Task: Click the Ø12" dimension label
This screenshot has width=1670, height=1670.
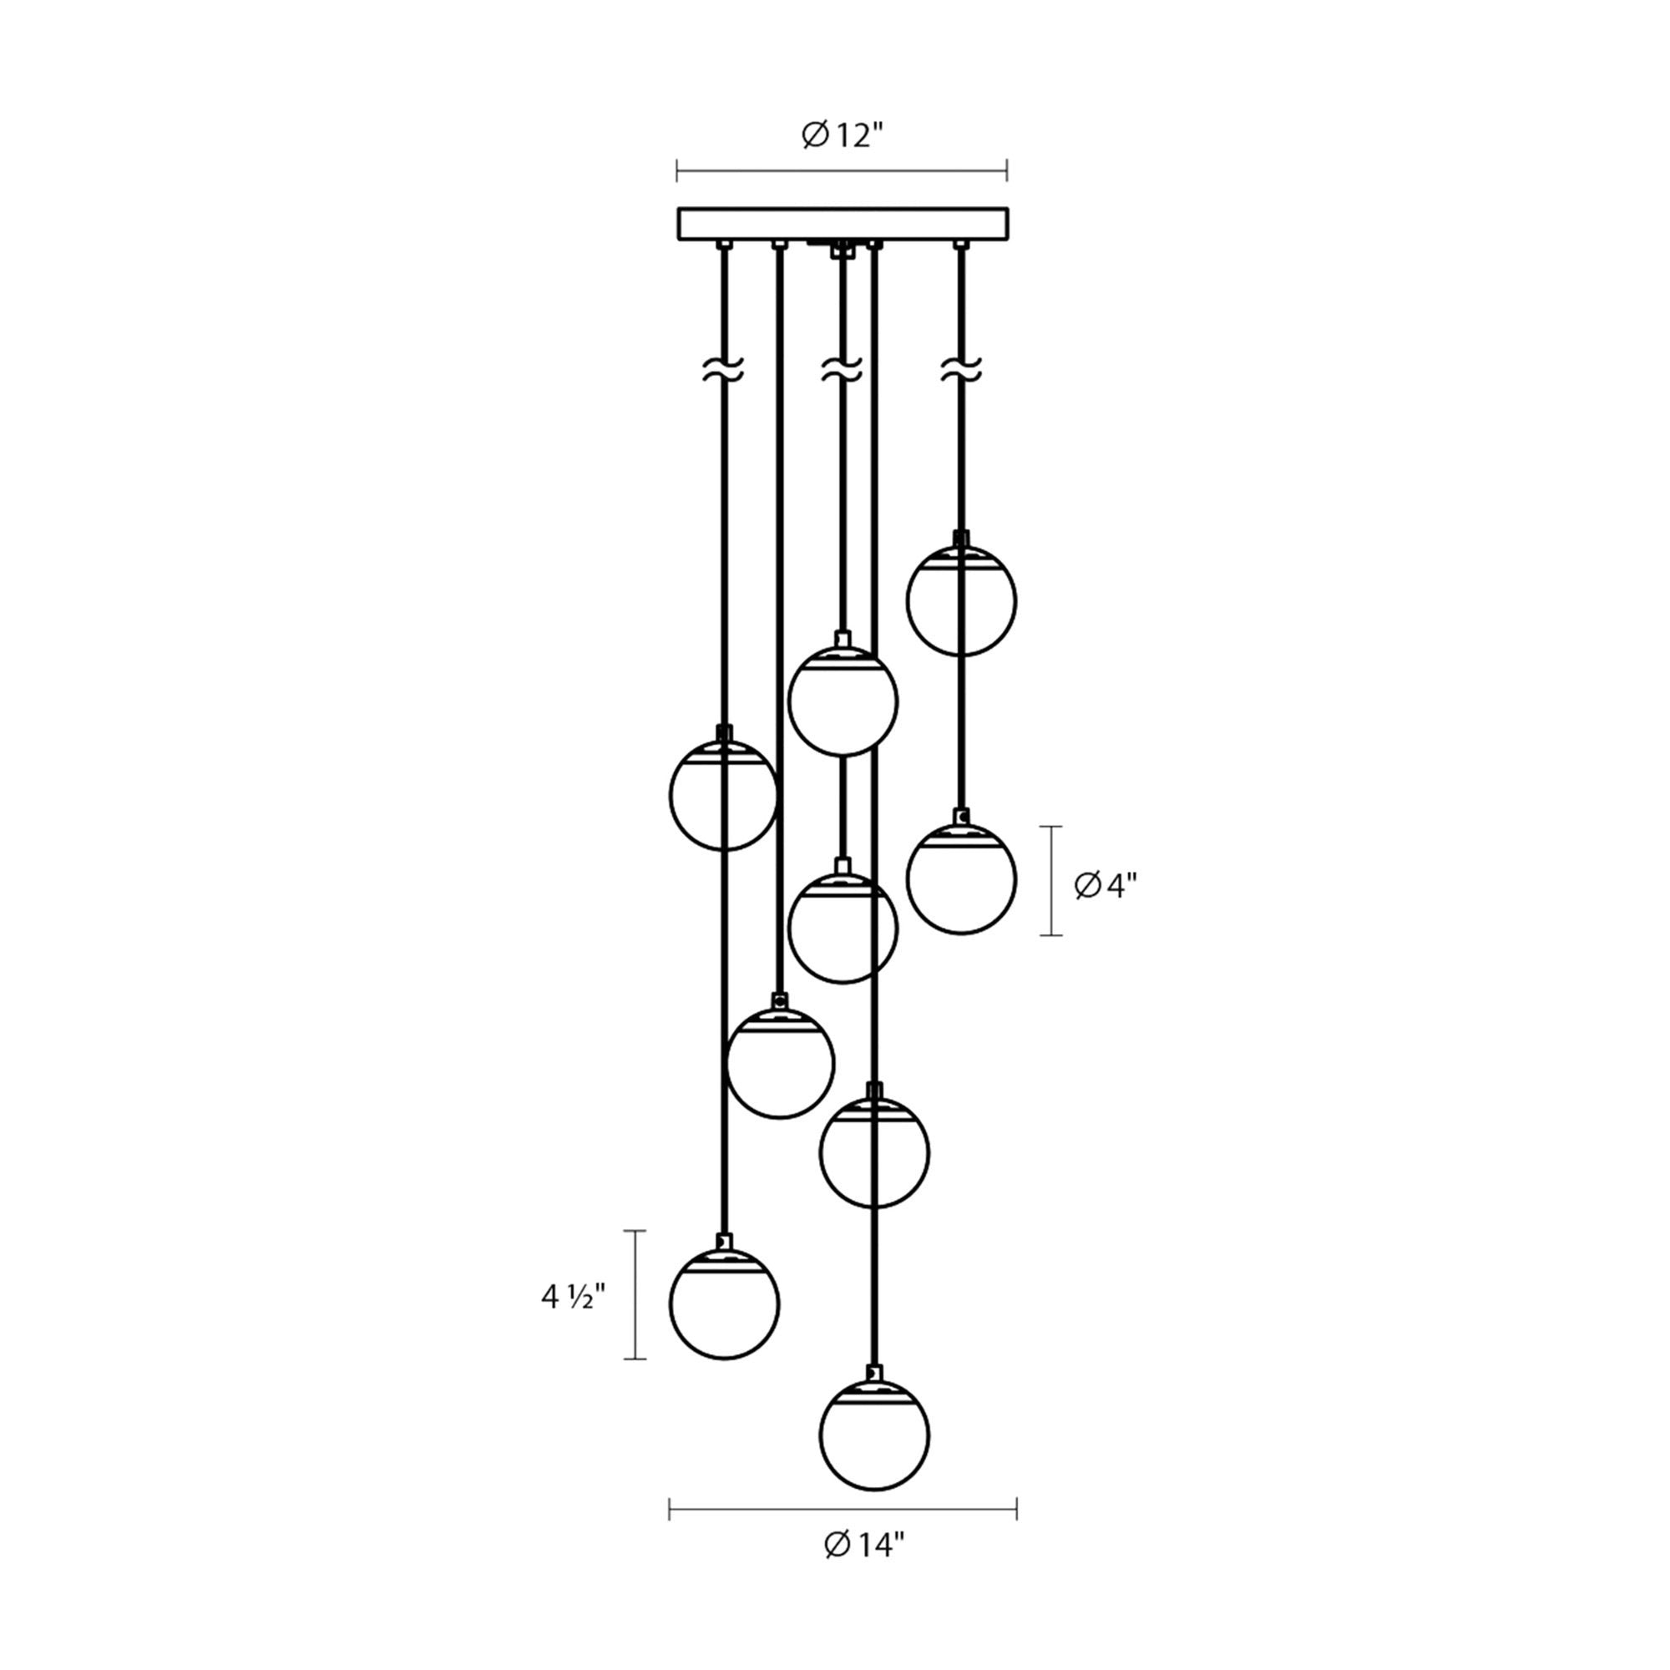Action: pos(842,136)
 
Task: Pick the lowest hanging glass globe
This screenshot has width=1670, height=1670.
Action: pos(875,1435)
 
